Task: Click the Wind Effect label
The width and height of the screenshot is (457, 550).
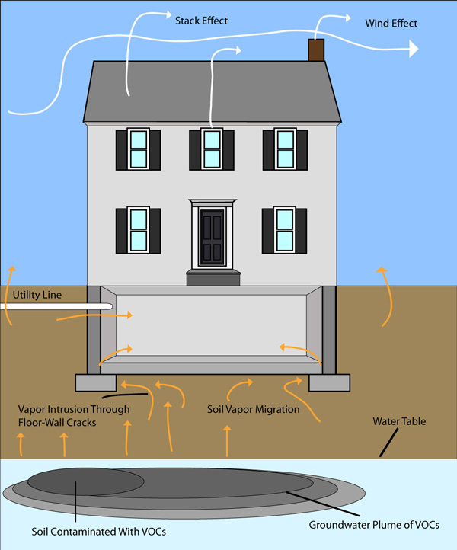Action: point(391,24)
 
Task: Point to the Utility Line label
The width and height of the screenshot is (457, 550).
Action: point(38,295)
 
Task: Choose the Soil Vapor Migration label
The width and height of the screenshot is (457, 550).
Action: point(253,410)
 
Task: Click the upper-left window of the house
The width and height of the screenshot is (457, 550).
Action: point(138,149)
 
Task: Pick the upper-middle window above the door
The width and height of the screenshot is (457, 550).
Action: point(212,149)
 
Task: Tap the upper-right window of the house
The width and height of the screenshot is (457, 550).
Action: point(285,149)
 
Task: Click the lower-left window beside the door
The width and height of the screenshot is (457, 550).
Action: point(138,230)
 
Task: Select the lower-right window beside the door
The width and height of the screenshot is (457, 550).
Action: point(285,230)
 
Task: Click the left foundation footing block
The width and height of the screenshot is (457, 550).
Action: point(95,382)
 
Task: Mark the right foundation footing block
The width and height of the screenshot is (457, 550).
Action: point(329,382)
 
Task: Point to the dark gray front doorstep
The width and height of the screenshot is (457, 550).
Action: point(212,277)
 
